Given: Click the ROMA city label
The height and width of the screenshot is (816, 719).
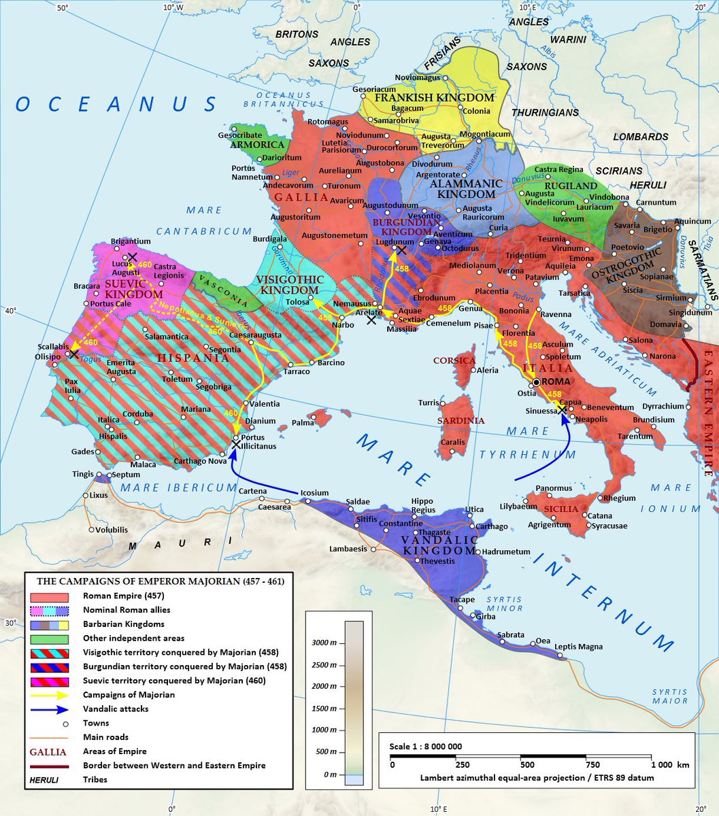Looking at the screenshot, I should pyautogui.click(x=556, y=381).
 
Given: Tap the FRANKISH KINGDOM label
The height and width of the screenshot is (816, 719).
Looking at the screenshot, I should pyautogui.click(x=433, y=98).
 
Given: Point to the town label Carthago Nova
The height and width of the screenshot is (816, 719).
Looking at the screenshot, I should pyautogui.click(x=200, y=460).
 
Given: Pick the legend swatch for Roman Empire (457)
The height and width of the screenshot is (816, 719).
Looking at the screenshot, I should pyautogui.click(x=49, y=596).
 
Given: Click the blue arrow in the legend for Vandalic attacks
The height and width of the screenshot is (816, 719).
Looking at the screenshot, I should pyautogui.click(x=49, y=709).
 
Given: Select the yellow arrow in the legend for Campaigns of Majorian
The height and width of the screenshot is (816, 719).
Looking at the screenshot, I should pyautogui.click(x=49, y=694).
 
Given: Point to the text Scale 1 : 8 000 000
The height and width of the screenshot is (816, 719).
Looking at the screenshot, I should pyautogui.click(x=426, y=747).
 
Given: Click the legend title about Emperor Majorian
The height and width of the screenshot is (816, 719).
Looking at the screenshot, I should pyautogui.click(x=161, y=581).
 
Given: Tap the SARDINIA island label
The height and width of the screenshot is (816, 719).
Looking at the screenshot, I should pyautogui.click(x=461, y=420).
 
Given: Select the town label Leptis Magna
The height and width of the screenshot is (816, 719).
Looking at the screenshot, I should pyautogui.click(x=579, y=647).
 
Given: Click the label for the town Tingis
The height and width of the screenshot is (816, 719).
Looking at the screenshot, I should pyautogui.click(x=83, y=474).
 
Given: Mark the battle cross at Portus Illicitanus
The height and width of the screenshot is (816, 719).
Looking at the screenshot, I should pyautogui.click(x=236, y=444).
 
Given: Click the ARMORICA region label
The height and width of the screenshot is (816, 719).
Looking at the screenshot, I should pyautogui.click(x=256, y=145).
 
